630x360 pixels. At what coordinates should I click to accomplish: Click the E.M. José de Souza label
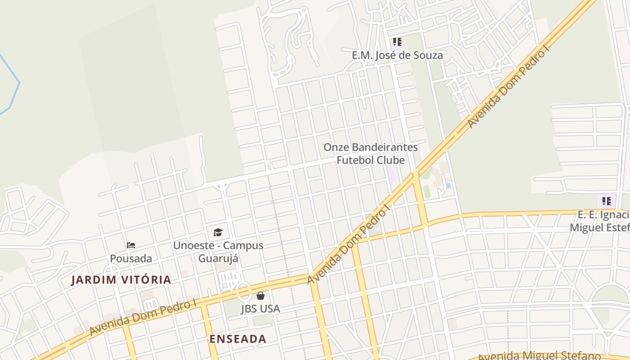point(397,55)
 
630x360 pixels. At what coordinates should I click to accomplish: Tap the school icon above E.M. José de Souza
point(397,42)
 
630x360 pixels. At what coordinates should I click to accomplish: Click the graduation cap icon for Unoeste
point(218,232)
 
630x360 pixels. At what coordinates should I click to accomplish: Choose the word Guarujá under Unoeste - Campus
point(218,259)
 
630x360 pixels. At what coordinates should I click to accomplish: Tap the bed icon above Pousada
point(131,245)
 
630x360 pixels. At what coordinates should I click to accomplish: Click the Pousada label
point(131,259)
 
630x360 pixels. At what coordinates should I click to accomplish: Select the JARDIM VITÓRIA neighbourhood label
point(121,280)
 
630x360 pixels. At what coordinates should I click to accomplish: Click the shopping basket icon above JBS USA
point(261,296)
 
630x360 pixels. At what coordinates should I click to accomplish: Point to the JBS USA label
point(261,309)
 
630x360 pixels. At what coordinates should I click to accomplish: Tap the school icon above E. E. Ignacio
point(607,201)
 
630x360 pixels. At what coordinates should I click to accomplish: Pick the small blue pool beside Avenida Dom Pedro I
point(448,185)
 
